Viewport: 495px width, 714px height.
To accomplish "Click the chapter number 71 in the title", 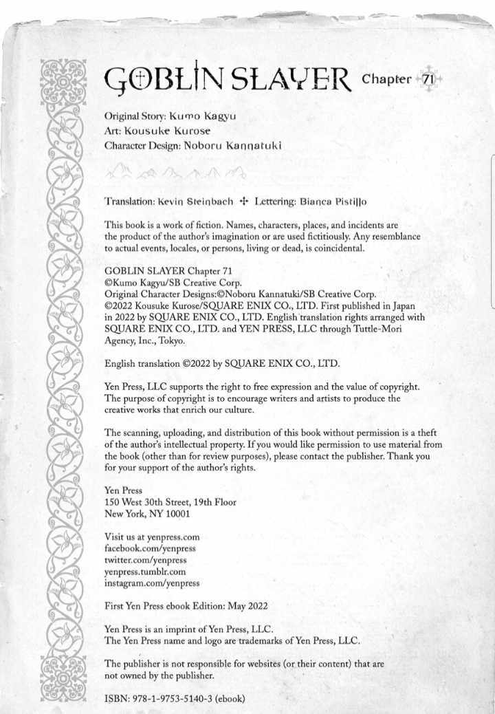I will [x=428, y=79].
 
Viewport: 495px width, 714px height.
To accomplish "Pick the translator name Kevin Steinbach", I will [x=195, y=202].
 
